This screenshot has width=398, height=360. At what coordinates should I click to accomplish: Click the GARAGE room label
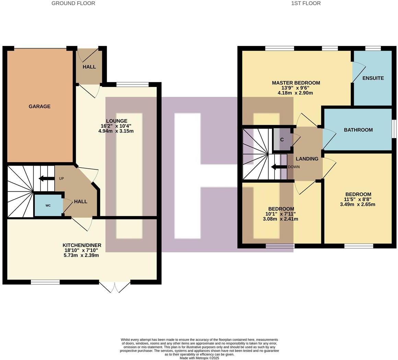click(x=39, y=106)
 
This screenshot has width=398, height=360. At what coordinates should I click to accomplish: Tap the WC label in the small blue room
click(x=48, y=205)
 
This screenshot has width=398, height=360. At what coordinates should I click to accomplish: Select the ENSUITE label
click(x=373, y=78)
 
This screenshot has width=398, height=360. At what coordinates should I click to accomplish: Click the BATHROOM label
click(x=358, y=130)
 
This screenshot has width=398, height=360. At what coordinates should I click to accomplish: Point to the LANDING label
click(x=307, y=159)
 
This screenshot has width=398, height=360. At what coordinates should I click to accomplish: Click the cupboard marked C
click(x=282, y=140)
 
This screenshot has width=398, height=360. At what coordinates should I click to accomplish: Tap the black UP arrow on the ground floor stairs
click(x=46, y=178)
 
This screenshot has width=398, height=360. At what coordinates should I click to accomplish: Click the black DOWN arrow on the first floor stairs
click(x=278, y=167)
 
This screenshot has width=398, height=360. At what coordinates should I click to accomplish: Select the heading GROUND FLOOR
click(x=73, y=3)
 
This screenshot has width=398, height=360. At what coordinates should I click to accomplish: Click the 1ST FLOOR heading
click(x=306, y=3)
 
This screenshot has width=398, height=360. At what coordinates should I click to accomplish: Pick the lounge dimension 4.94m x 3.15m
click(x=116, y=131)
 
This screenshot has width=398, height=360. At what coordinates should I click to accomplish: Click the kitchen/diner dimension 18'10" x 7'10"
click(x=81, y=250)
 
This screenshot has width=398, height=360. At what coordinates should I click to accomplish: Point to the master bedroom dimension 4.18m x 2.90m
click(x=295, y=93)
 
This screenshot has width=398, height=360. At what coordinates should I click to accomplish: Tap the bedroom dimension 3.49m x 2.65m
click(x=358, y=204)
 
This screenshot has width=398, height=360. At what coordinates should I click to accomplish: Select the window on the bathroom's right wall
click(x=394, y=129)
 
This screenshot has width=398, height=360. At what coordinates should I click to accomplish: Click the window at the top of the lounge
click(x=132, y=84)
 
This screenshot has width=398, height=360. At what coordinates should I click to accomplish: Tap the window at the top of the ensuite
click(x=373, y=48)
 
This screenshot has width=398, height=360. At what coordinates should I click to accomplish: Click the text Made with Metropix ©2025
click(x=199, y=358)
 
